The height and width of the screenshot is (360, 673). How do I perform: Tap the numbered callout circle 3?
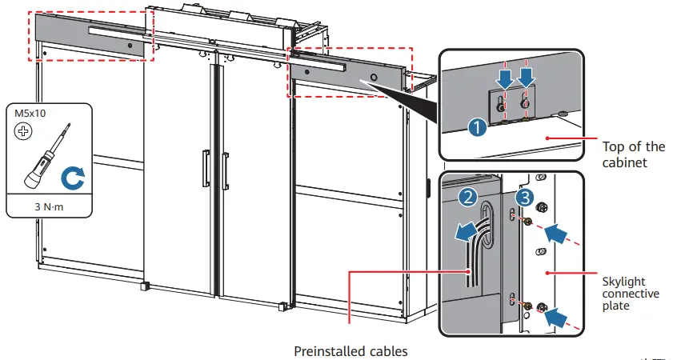click(x=523, y=195)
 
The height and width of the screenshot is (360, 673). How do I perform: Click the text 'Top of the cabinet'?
click(x=632, y=154)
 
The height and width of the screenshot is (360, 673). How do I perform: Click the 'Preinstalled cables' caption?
click(x=351, y=350)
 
